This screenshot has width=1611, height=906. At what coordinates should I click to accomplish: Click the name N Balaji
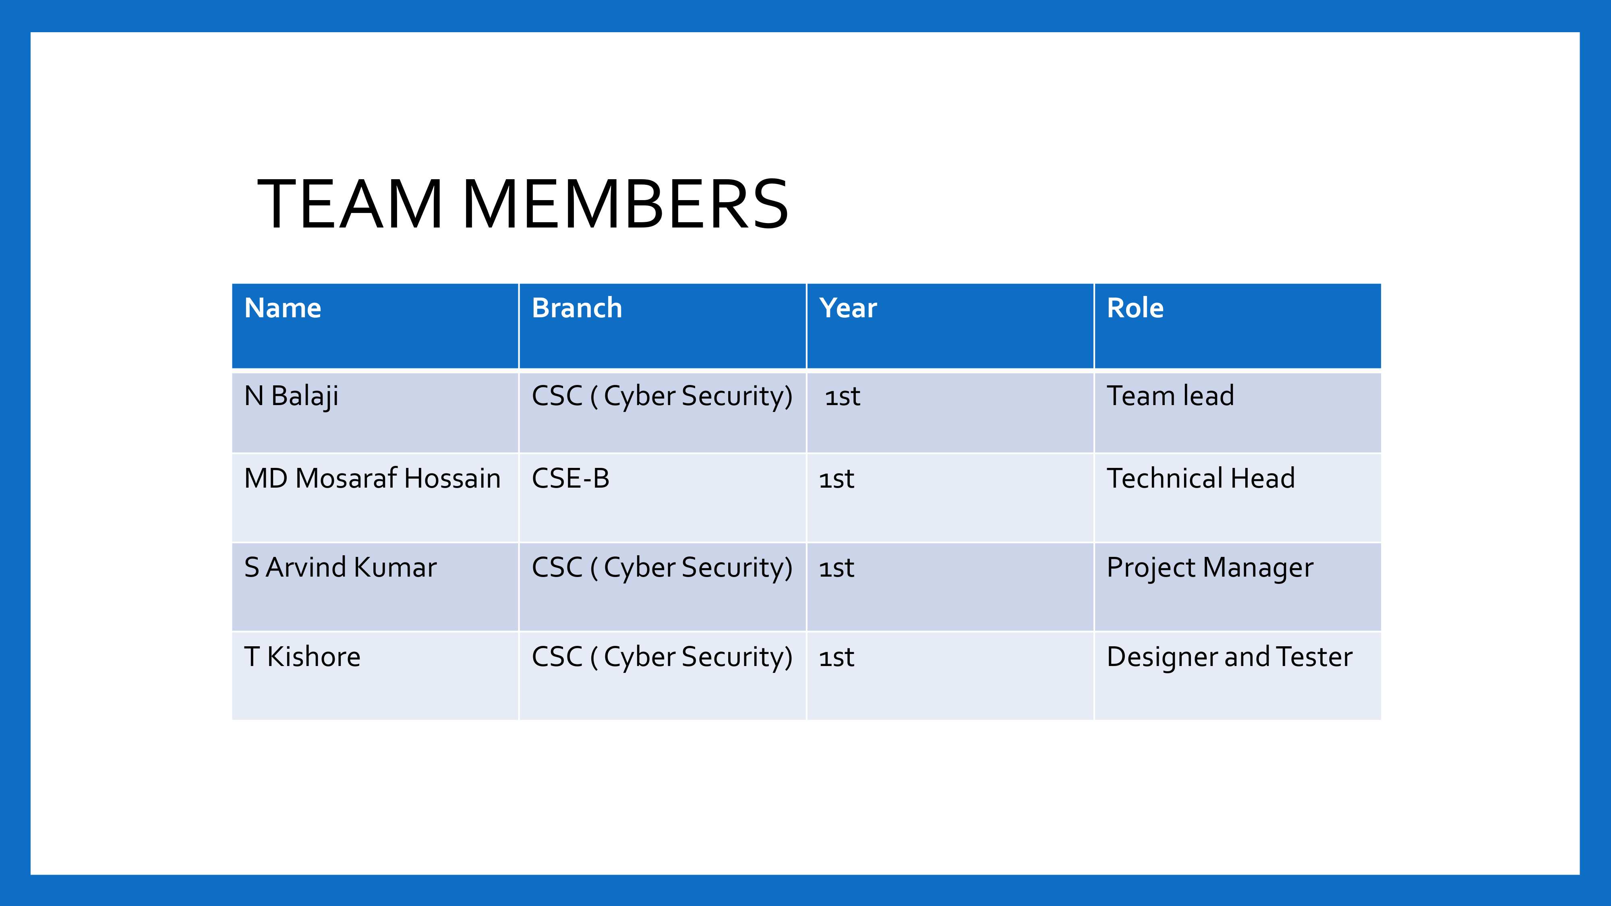click(292, 396)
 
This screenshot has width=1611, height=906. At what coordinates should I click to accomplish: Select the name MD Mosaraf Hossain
click(373, 478)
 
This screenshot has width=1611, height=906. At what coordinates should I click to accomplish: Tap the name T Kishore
click(303, 656)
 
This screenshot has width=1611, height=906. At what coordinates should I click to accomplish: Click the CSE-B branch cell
click(570, 478)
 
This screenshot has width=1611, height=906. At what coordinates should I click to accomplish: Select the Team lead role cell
click(1171, 396)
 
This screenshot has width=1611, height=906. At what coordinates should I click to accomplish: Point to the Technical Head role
click(1201, 478)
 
